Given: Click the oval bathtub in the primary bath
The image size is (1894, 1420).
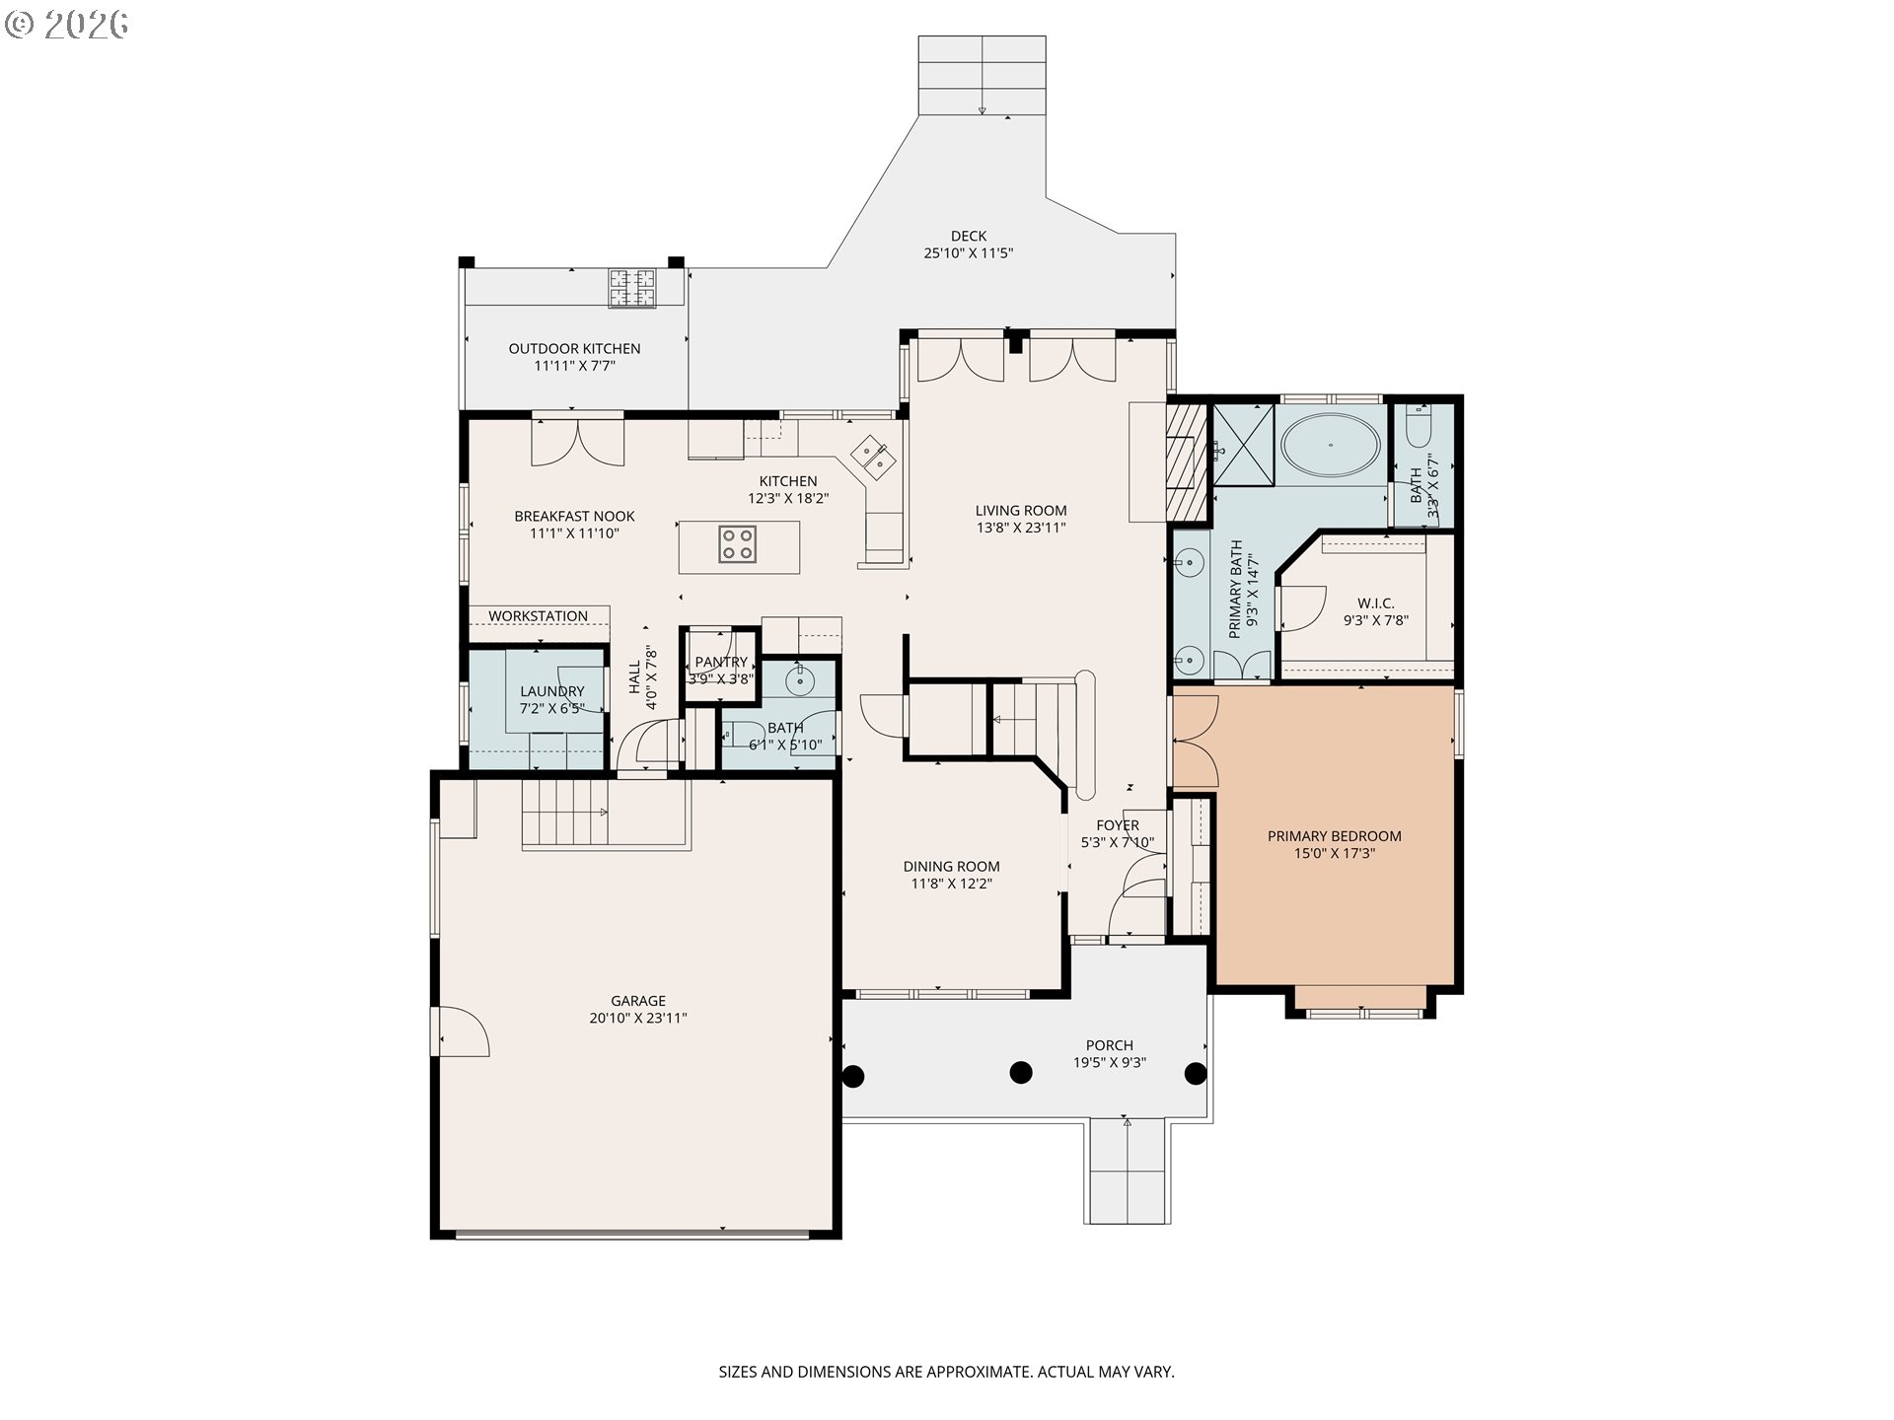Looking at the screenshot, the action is (x=1330, y=446).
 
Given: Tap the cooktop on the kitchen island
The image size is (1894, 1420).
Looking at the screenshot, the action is (x=738, y=543).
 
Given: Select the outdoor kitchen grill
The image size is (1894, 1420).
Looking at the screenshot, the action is (x=631, y=287).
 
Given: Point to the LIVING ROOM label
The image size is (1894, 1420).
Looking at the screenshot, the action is (x=1021, y=511).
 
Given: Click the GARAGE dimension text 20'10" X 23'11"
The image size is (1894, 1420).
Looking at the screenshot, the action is (x=638, y=1018).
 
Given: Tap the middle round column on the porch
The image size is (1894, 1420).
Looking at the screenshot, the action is (x=1021, y=1072).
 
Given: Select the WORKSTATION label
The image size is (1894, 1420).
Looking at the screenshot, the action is (x=538, y=616).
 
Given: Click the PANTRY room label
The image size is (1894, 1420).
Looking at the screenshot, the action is (x=721, y=662).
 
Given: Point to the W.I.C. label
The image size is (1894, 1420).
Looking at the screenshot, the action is (x=1376, y=603).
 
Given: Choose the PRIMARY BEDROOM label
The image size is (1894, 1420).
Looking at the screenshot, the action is (x=1335, y=836).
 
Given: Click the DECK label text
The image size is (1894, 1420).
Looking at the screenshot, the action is (x=969, y=236).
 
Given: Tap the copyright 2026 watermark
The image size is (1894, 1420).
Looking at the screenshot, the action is (x=66, y=25).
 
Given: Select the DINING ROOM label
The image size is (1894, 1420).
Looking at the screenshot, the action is (x=952, y=867).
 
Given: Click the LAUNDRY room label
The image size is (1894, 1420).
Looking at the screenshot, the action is (x=552, y=691).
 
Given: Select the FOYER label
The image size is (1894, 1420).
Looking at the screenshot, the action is (x=1118, y=825).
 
